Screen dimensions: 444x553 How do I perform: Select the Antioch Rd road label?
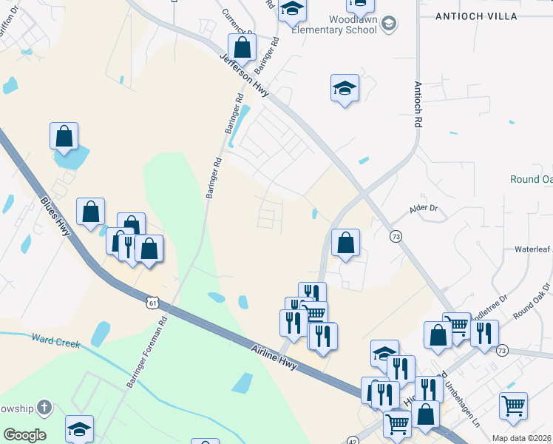click(418, 104)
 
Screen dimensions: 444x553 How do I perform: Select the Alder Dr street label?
click(424, 210)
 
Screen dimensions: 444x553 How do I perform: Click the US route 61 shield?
click(152, 303)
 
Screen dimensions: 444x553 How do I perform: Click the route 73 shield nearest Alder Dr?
click(396, 235)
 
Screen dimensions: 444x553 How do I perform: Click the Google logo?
click(24, 435)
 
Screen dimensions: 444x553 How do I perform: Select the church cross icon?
click(44, 407)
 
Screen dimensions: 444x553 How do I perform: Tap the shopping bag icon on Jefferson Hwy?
click(242, 47)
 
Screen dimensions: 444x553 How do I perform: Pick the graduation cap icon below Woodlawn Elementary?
click(345, 88)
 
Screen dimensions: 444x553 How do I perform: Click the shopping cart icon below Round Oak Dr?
click(513, 406)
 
